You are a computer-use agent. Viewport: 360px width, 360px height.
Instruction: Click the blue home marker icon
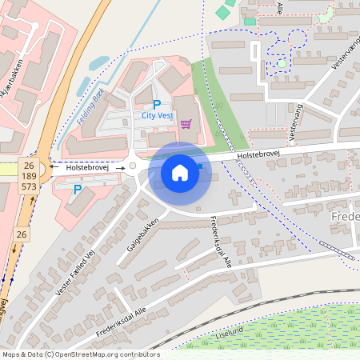[x=180, y=172]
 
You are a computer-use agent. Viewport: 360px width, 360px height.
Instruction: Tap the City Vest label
[x=157, y=115]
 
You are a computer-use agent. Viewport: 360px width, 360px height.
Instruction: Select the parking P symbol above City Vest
[x=157, y=104]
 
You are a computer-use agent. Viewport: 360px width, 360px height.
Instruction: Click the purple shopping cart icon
[x=186, y=123]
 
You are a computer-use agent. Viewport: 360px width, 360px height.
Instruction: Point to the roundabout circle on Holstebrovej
[x=132, y=166]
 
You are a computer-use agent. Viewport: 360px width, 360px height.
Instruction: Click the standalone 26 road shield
[x=22, y=234]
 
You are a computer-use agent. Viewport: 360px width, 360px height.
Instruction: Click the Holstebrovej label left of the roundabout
[x=86, y=168]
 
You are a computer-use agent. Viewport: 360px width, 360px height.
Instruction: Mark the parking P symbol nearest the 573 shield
[x=77, y=190]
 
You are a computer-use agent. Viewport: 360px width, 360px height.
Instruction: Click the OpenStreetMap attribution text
[x=81, y=354]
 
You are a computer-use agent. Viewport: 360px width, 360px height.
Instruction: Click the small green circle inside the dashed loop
[x=282, y=63]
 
